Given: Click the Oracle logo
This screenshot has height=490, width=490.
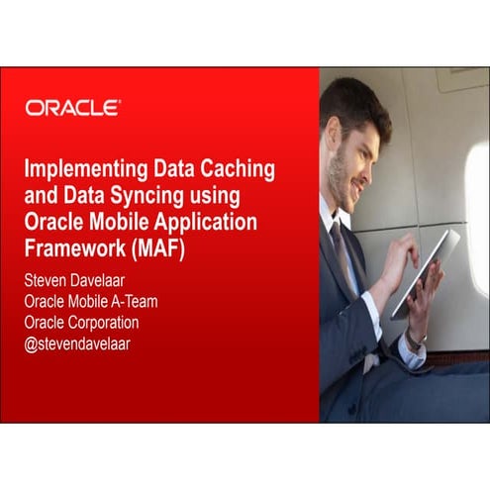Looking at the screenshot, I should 73,108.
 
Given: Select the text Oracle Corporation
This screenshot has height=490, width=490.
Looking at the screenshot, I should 81,322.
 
